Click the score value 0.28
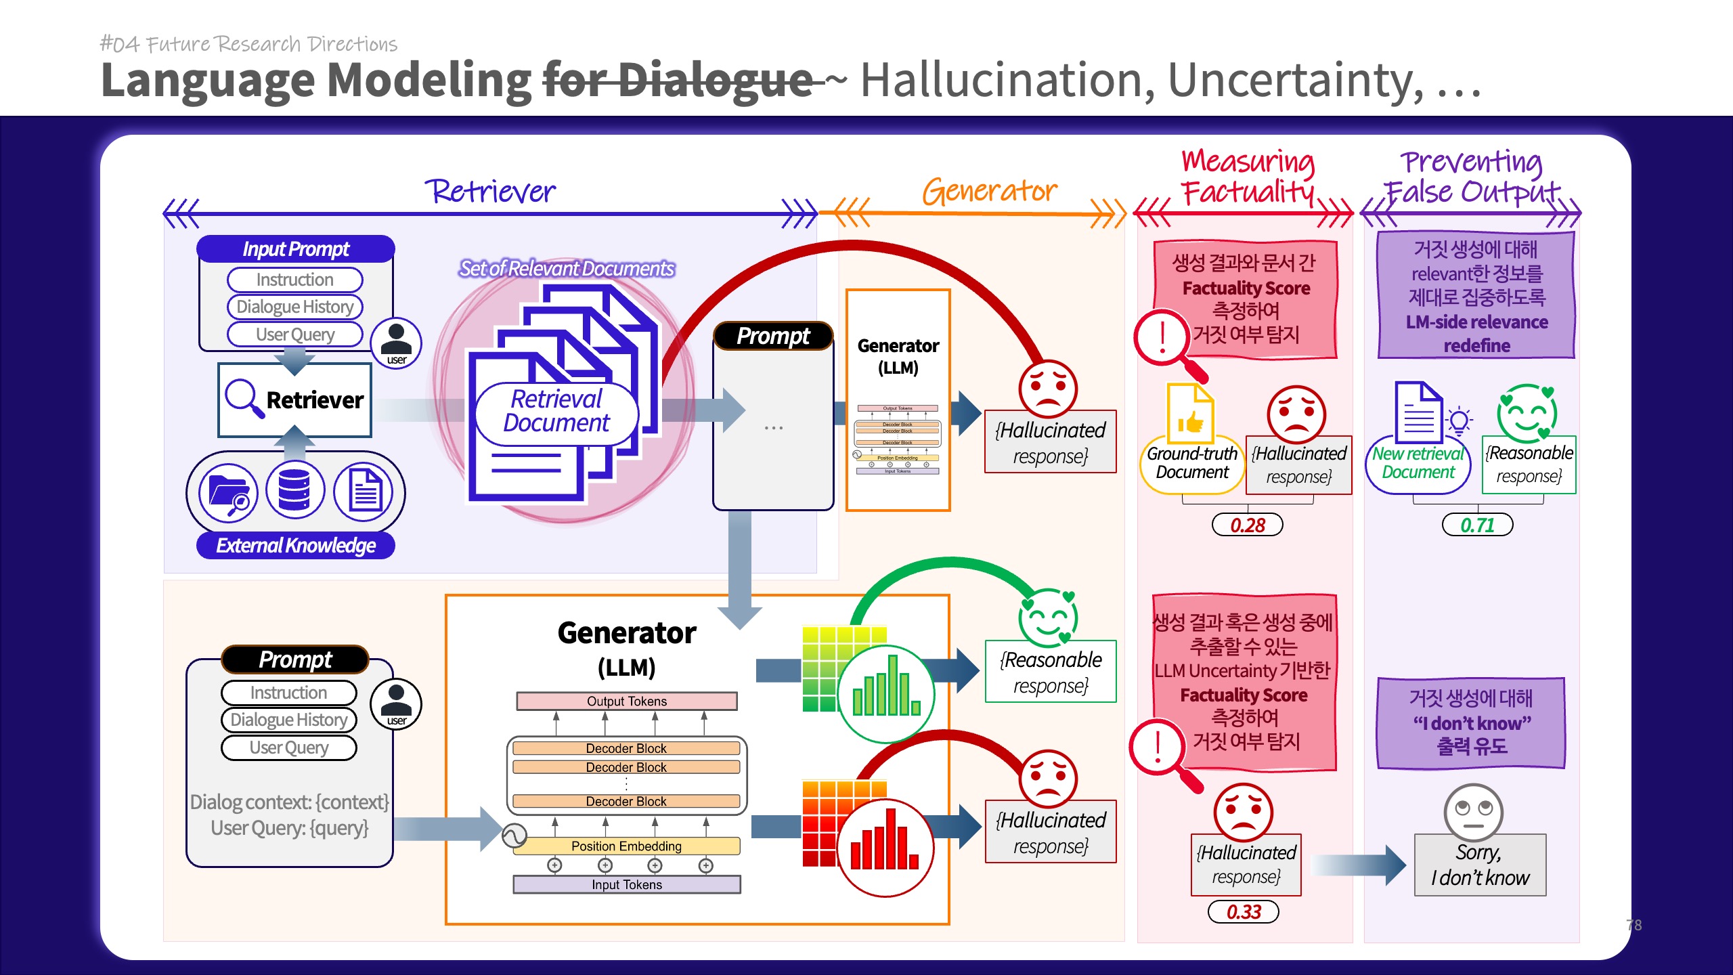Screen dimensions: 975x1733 (x=1247, y=525)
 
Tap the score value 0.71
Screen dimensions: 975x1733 (x=1477, y=525)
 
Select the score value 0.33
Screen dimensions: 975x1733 (x=1244, y=912)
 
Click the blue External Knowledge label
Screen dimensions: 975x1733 (x=295, y=546)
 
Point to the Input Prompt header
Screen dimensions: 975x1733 (x=296, y=249)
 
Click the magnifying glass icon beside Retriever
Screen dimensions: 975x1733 (x=243, y=397)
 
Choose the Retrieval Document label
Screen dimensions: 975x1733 (x=556, y=411)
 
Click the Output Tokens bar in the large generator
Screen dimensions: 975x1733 (x=627, y=701)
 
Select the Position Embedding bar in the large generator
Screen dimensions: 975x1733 (x=627, y=846)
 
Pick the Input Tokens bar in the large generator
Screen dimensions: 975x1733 (x=627, y=885)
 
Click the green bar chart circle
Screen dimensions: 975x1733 (x=886, y=694)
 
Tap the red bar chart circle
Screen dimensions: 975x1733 (x=886, y=848)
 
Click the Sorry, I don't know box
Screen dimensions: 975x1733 (x=1480, y=865)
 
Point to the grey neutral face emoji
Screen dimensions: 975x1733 (x=1473, y=811)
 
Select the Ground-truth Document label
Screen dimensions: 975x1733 (x=1192, y=463)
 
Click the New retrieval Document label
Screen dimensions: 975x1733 (x=1418, y=463)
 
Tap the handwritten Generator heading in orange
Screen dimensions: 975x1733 (x=989, y=191)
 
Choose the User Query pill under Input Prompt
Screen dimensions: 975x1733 (x=295, y=334)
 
